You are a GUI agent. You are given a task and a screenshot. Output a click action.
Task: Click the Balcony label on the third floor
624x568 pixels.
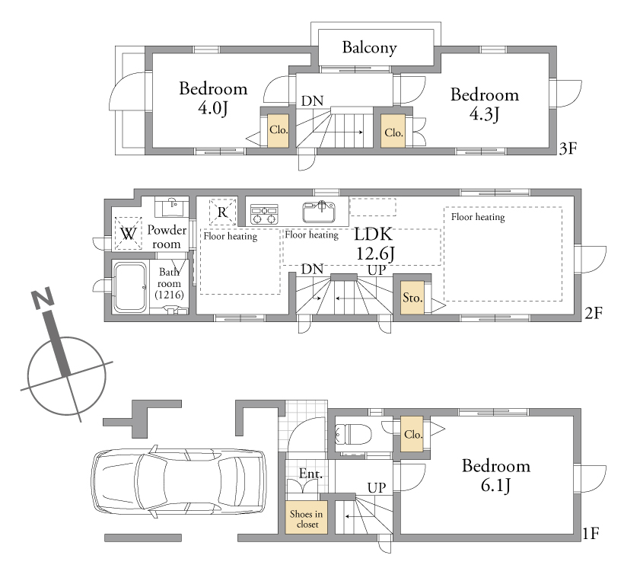coord(369,47)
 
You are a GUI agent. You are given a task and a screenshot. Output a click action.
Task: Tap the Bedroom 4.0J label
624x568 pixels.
coord(213,98)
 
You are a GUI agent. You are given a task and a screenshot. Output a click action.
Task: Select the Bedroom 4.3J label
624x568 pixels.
coord(485,104)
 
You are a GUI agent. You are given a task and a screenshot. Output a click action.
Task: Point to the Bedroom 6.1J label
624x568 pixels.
coord(496,476)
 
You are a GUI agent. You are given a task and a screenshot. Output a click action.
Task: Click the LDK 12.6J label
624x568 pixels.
coord(374,244)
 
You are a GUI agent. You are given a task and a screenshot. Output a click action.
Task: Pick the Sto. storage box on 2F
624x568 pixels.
coord(412,297)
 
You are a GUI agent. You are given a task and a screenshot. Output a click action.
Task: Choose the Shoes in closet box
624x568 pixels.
coord(307,517)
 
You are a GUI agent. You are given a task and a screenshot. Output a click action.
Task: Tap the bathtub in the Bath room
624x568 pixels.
coord(129,286)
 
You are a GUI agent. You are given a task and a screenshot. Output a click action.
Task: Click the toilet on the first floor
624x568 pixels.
coord(353,434)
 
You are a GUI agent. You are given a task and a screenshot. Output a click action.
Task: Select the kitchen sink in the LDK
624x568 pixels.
coord(319,212)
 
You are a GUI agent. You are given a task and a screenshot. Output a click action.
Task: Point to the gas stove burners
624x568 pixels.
coord(264,214)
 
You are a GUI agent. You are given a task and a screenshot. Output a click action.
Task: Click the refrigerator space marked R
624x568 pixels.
coord(222,212)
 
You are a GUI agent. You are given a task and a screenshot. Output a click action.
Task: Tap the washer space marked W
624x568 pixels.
coord(128,234)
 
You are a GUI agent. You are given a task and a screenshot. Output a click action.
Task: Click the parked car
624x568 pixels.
coord(179,481)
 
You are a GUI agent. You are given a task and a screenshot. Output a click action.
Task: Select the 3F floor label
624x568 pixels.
coord(568,148)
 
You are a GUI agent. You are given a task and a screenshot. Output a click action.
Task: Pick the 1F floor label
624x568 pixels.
coord(591,533)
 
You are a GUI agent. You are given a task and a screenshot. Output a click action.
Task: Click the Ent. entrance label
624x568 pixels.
coord(310,474)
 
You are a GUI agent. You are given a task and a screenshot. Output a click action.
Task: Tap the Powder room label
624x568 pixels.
coord(167,237)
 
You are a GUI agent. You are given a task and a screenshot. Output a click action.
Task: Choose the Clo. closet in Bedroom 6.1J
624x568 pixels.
coord(412,434)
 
